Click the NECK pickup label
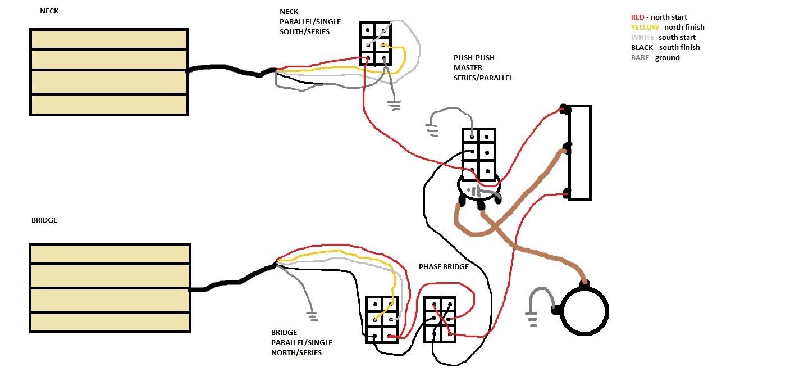click(49, 11)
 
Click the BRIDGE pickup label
click(44, 220)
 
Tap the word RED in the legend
click(638, 17)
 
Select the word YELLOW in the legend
click(645, 28)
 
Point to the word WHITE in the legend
click(642, 38)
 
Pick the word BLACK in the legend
click(642, 48)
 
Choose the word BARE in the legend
click(641, 58)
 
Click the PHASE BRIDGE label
click(444, 266)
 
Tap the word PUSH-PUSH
click(474, 58)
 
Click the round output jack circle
click(586, 311)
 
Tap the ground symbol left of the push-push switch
click(433, 131)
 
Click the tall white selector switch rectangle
click(579, 152)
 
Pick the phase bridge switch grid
click(440, 319)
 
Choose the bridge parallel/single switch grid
click(382, 319)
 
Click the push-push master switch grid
click(479, 152)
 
